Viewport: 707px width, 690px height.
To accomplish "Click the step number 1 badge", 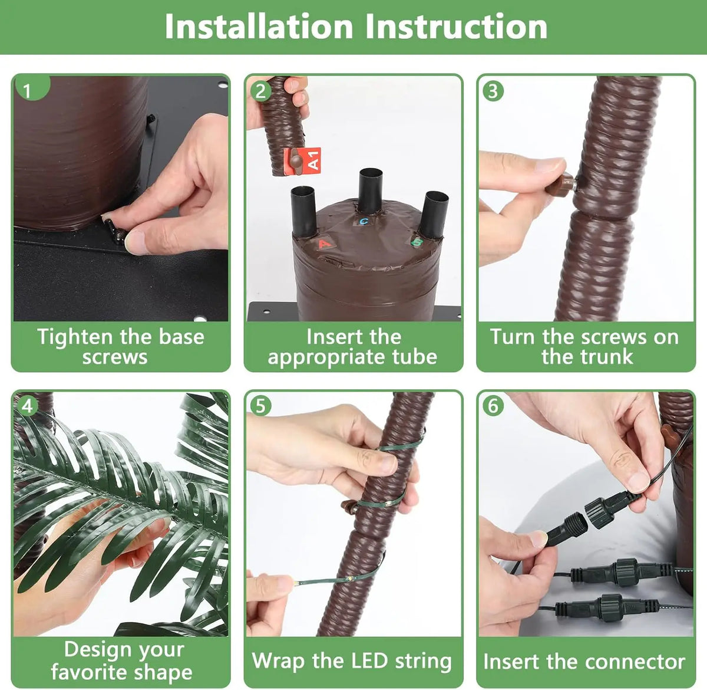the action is point(30,88).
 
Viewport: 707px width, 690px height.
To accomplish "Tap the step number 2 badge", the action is point(261,91).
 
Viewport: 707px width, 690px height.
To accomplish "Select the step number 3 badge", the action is point(493,91).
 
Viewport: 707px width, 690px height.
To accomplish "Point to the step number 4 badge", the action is point(28,406).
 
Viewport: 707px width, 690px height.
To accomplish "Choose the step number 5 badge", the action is point(261,406).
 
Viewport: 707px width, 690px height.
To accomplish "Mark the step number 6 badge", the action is point(493,406).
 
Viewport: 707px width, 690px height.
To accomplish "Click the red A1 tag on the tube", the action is point(303,161).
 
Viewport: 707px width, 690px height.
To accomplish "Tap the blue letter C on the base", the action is point(364,221).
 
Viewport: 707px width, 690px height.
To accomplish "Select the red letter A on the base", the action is point(324,244).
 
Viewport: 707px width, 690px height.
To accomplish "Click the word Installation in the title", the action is point(259,27).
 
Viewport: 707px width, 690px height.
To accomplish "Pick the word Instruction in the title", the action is point(456,27).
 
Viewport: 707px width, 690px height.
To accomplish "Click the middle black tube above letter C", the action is point(370,190).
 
